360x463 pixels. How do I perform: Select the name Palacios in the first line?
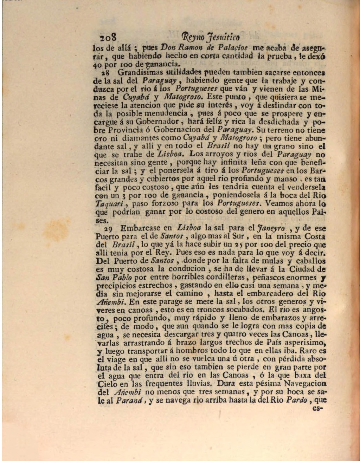click(x=233, y=47)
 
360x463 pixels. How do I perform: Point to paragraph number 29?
click(x=108, y=229)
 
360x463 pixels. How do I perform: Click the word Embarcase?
click(x=140, y=228)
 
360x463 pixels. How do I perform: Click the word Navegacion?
click(x=305, y=384)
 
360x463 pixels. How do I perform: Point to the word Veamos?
click(x=279, y=203)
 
